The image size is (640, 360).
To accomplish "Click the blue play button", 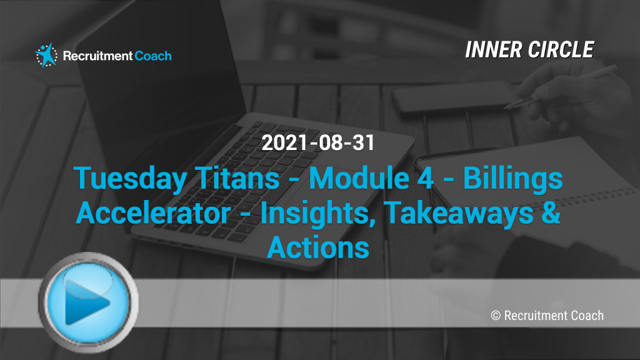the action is click(x=89, y=302).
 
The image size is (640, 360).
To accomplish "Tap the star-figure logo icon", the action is click(x=46, y=55).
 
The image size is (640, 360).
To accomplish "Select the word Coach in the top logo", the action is click(x=153, y=56).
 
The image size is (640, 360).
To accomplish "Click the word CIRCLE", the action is click(x=561, y=50).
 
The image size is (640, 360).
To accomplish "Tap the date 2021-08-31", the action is click(x=318, y=143).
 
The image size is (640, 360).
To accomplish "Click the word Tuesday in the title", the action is click(x=130, y=179).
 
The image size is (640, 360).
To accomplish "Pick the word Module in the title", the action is click(x=359, y=178).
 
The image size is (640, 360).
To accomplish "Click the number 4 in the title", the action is click(x=425, y=178).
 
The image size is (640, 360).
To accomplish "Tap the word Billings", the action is click(x=512, y=179).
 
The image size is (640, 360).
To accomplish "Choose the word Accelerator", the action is click(x=153, y=212).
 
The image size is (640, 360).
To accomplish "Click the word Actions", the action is click(x=318, y=247).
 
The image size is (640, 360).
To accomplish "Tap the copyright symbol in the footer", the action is click(x=496, y=316).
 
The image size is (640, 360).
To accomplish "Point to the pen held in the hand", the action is click(x=560, y=86).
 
